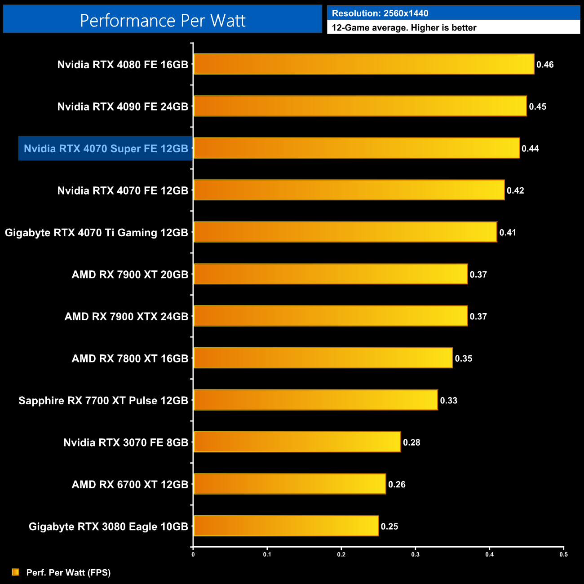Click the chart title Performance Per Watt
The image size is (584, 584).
pyautogui.click(x=163, y=20)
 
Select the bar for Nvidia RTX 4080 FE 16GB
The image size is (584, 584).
pyautogui.click(x=364, y=64)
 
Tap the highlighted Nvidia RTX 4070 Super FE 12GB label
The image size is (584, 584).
pyautogui.click(x=106, y=149)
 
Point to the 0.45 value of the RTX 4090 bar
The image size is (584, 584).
pyautogui.click(x=537, y=106)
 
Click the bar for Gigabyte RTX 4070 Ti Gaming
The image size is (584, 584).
pyautogui.click(x=345, y=232)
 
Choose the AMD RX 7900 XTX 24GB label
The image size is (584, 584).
pyautogui.click(x=126, y=317)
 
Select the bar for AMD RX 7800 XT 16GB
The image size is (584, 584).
pyautogui.click(x=323, y=358)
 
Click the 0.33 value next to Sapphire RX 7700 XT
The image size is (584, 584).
pyautogui.click(x=448, y=400)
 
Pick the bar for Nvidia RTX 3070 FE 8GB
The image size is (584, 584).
pyautogui.click(x=297, y=442)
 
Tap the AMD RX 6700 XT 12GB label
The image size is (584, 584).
pyautogui.click(x=130, y=485)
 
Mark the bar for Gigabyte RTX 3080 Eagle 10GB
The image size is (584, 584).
pyautogui.click(x=286, y=526)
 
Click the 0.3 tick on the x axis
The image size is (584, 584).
pyautogui.click(x=416, y=554)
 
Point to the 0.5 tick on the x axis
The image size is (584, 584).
pyautogui.click(x=563, y=554)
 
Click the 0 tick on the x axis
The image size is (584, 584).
pyautogui.click(x=193, y=554)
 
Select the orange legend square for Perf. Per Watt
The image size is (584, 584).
pyautogui.click(x=16, y=572)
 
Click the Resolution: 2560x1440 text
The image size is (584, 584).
pyautogui.click(x=380, y=13)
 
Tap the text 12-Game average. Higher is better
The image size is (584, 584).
pyautogui.click(x=404, y=28)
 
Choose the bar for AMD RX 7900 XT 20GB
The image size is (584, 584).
pyautogui.click(x=330, y=274)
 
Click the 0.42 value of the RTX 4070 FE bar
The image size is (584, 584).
pyautogui.click(x=515, y=190)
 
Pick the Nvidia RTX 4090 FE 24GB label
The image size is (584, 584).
pyautogui.click(x=123, y=106)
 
